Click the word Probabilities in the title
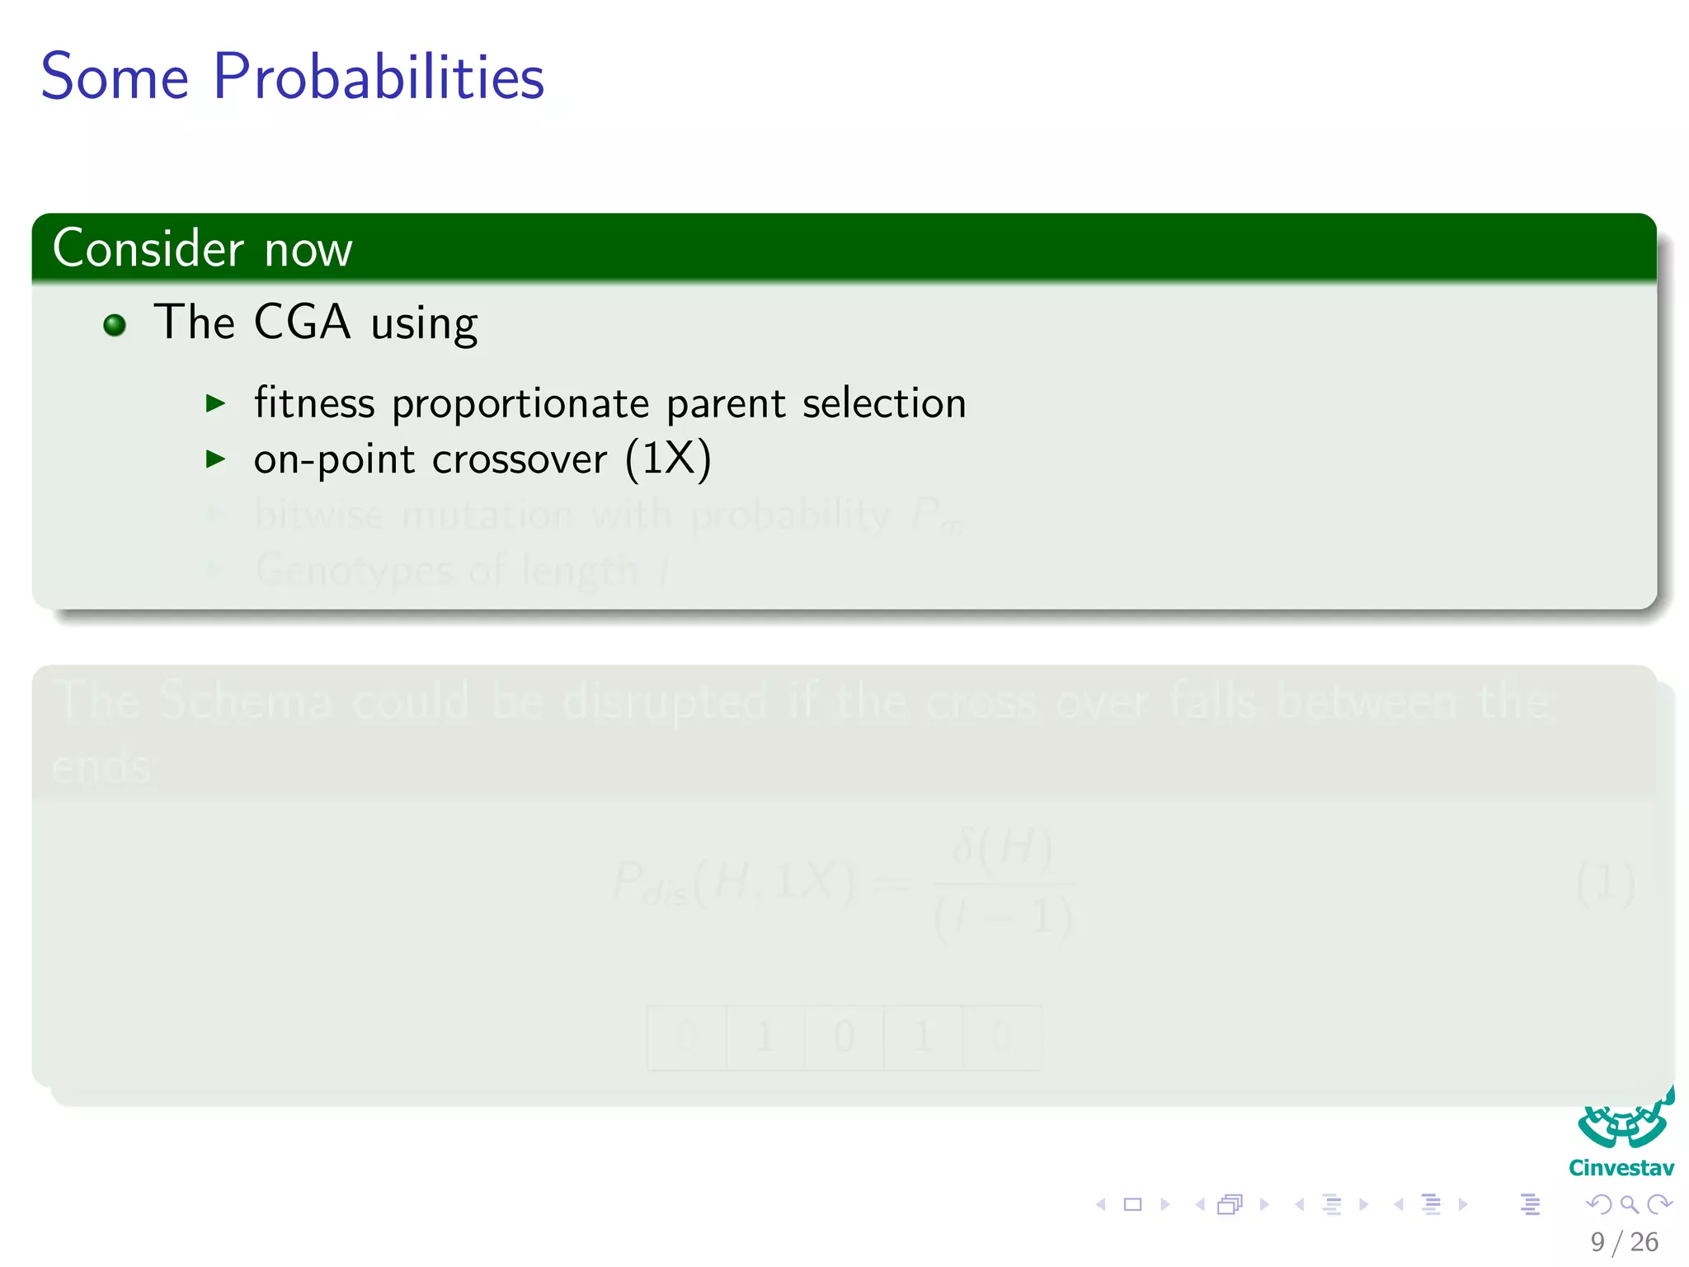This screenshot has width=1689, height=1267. pyautogui.click(x=379, y=78)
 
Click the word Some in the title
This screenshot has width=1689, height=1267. pyautogui.click(x=115, y=78)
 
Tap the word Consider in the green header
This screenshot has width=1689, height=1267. pyautogui.click(x=148, y=248)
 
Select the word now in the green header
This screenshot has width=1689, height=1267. pyautogui.click(x=308, y=250)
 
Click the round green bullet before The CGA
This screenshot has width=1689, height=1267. pyautogui.click(x=115, y=325)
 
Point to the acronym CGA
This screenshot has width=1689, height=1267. pyautogui.click(x=302, y=322)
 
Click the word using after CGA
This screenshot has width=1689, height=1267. pyautogui.click(x=424, y=325)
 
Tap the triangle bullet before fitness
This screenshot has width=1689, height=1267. pyautogui.click(x=215, y=403)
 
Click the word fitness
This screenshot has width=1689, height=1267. pyautogui.click(x=314, y=403)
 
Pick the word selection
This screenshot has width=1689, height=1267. pyautogui.click(x=884, y=403)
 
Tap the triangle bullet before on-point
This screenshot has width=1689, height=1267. pyautogui.click(x=215, y=459)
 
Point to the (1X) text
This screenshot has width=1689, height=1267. pyautogui.click(x=668, y=459)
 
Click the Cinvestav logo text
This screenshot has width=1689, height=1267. pyautogui.click(x=1621, y=1168)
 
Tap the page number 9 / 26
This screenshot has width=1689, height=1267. pyautogui.click(x=1624, y=1242)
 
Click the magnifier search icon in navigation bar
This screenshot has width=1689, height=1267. pyautogui.click(x=1629, y=1204)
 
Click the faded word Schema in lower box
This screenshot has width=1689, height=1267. pyautogui.click(x=246, y=701)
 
